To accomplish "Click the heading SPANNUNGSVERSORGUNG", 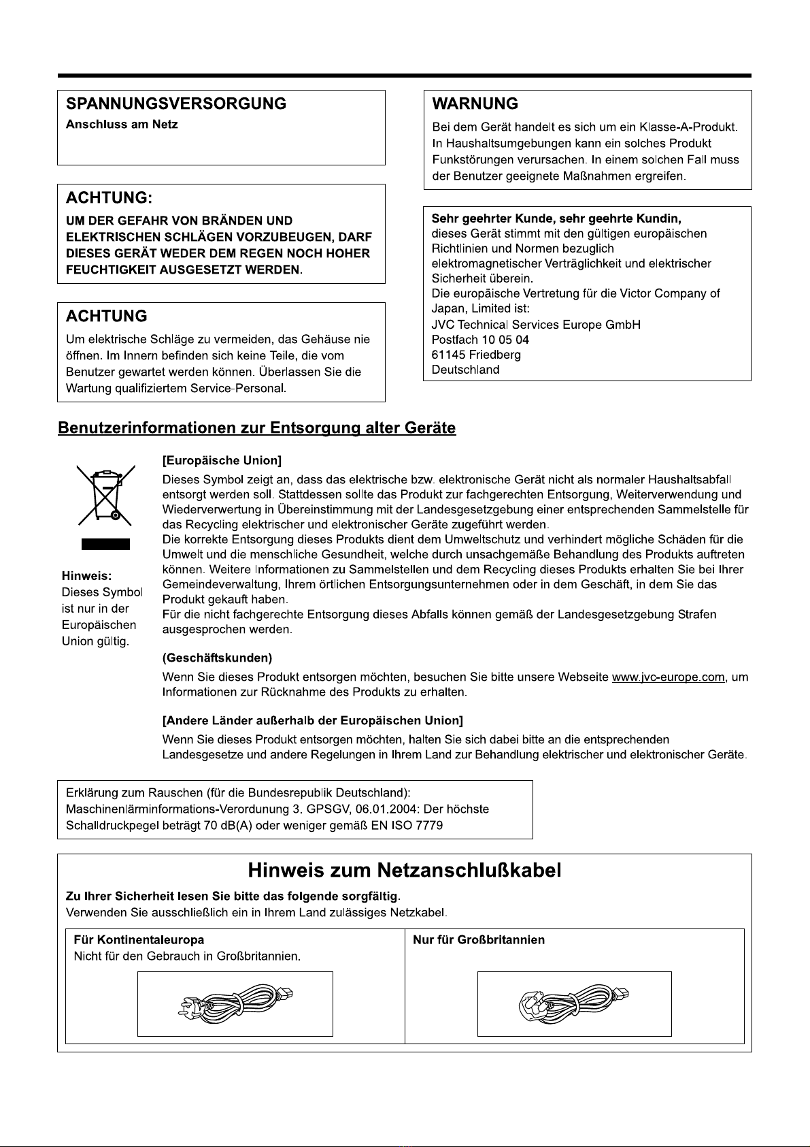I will tap(175, 104).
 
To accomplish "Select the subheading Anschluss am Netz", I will tap(122, 125).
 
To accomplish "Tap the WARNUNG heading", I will tap(475, 104).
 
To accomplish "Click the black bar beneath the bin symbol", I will tap(105, 544).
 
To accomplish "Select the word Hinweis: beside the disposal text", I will tap(86, 576).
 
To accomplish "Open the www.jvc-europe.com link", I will tap(668, 677).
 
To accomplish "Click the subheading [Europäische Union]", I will tap(222, 462).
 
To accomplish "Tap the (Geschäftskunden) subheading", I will tap(217, 658).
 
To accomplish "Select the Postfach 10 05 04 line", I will tap(480, 340).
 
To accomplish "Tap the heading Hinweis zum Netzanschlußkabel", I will tap(405, 871).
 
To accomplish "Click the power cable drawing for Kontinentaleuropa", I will tap(235, 1003).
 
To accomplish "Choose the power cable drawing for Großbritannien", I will tap(575, 1003).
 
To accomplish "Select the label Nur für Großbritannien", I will tap(479, 940).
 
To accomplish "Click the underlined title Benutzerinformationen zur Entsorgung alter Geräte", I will tap(257, 428).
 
